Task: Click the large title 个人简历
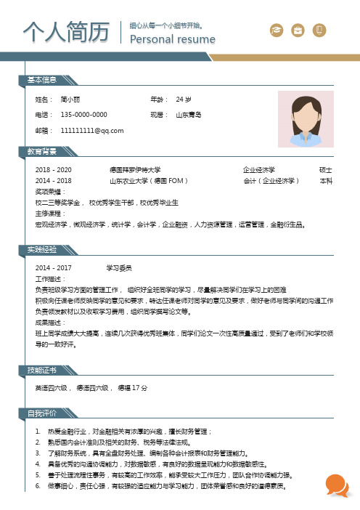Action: click(x=61, y=32)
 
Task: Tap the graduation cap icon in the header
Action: click(x=276, y=30)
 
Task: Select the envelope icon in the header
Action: click(x=297, y=30)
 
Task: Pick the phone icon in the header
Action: click(x=319, y=30)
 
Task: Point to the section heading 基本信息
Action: click(x=42, y=79)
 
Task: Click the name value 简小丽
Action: click(x=70, y=99)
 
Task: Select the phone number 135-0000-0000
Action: click(x=84, y=115)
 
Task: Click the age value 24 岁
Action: click(x=184, y=99)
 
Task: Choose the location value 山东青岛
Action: click(x=188, y=115)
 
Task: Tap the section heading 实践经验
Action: click(x=42, y=249)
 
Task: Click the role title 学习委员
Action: click(x=118, y=267)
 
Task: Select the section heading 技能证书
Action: click(x=42, y=371)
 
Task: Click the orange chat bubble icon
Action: click(x=336, y=483)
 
